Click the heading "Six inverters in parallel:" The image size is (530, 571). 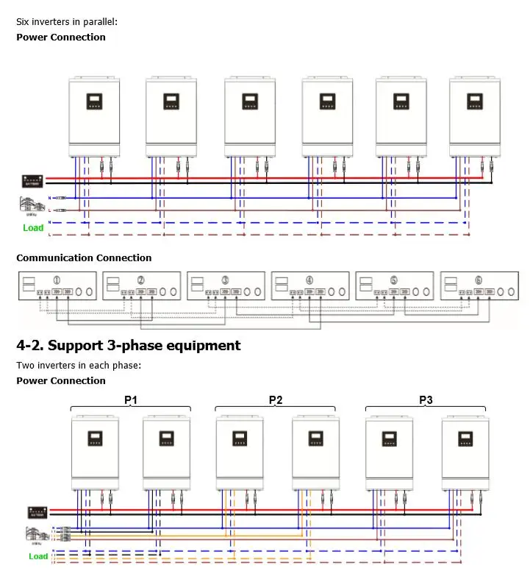click(x=67, y=22)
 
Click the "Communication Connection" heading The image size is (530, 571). click(x=84, y=258)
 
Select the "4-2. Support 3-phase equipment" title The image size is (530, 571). click(x=129, y=345)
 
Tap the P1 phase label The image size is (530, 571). click(x=131, y=400)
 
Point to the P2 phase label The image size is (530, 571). click(x=276, y=400)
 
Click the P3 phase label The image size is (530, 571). click(x=426, y=400)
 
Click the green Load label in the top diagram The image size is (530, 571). click(x=33, y=228)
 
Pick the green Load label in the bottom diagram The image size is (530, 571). click(x=38, y=556)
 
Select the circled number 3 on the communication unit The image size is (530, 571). click(x=225, y=280)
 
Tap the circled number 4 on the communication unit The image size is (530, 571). click(x=309, y=280)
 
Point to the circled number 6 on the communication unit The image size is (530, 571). click(x=479, y=280)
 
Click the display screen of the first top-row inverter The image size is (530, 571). click(x=94, y=102)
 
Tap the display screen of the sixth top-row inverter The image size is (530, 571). click(x=475, y=102)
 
